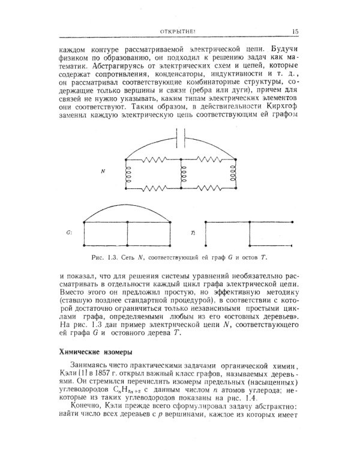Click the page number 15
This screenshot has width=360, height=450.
(x=296, y=32)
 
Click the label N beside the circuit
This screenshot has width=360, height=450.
(x=103, y=172)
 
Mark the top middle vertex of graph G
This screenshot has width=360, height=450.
(x=128, y=223)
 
